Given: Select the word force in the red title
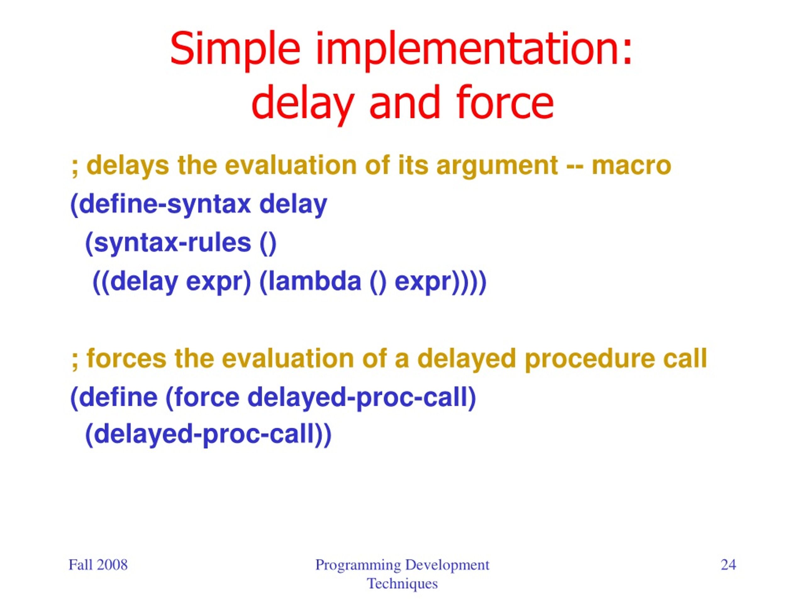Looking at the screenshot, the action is point(505,102).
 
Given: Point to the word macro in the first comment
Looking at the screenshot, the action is point(631,166).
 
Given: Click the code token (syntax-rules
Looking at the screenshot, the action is point(168,243).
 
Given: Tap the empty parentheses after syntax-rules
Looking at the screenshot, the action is point(269,243).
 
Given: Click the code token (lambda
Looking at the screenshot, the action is point(310,282).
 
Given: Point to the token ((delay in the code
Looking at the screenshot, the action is point(136,282).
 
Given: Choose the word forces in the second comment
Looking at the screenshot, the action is point(126,359).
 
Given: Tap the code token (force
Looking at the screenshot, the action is point(202,397).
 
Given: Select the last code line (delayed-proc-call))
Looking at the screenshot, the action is point(208,435).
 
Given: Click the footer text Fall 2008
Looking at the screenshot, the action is point(98,565).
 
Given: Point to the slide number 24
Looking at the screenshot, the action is point(729,565).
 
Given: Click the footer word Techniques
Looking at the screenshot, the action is point(402,584).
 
